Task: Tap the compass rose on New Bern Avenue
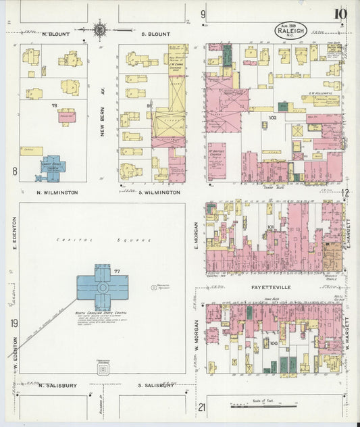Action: pos(101,29)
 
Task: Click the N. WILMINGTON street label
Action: pos(57,193)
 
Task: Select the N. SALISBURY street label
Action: pos(59,385)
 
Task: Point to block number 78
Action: pos(53,105)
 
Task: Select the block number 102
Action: pos(273,118)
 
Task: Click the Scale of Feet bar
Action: pos(264,406)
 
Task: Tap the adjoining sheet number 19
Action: pos(14,324)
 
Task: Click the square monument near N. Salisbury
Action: pos(103,370)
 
